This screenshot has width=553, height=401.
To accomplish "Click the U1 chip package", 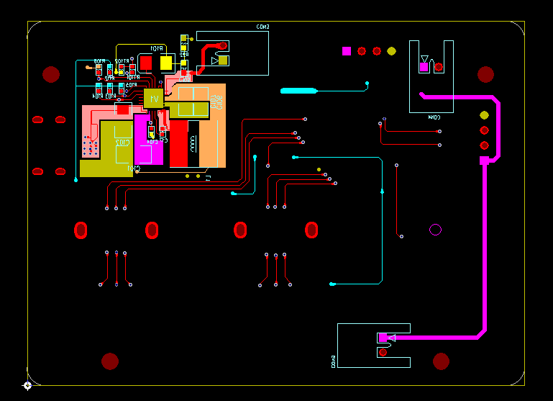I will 152,98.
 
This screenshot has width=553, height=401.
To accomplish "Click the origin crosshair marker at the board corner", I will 27,386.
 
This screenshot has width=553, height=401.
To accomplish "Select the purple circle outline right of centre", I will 435,230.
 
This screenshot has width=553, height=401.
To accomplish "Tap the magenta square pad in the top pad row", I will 347,51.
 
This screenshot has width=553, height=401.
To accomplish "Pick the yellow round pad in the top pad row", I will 391,51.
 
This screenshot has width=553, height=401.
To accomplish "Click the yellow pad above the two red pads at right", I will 484,114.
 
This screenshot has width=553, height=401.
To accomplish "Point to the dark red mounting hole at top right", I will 486,74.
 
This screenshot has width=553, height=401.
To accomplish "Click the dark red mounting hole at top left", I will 51,74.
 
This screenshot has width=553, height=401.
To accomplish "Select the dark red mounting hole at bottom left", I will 110,361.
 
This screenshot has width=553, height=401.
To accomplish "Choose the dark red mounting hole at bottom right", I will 442,361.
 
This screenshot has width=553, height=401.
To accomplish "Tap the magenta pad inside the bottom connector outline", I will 383,338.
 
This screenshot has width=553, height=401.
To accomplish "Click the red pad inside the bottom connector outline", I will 383,352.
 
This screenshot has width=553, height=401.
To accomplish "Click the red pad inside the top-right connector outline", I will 439,67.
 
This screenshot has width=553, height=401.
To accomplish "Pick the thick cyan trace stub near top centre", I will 298,91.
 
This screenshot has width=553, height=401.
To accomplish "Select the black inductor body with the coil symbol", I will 193,143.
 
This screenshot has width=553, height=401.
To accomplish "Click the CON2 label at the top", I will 263,27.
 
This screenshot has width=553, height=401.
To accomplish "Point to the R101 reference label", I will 156,48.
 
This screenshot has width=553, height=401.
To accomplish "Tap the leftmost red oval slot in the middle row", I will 81,230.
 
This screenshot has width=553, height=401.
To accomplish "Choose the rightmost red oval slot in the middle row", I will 311,230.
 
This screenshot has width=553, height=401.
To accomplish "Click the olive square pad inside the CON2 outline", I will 224,60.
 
